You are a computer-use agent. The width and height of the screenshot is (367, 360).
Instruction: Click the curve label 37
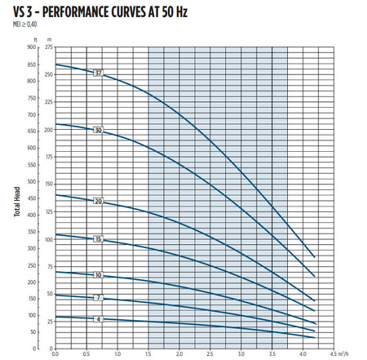(x=98, y=74)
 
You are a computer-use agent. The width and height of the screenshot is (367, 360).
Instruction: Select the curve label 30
(x=98, y=131)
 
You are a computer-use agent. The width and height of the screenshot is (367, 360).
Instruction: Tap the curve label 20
(x=98, y=201)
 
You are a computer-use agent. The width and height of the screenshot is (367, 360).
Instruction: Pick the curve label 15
(x=98, y=239)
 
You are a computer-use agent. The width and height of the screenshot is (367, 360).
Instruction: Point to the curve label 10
(x=98, y=275)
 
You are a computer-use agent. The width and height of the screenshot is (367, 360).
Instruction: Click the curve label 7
(x=98, y=298)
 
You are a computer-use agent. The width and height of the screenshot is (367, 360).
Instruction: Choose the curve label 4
(x=98, y=318)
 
